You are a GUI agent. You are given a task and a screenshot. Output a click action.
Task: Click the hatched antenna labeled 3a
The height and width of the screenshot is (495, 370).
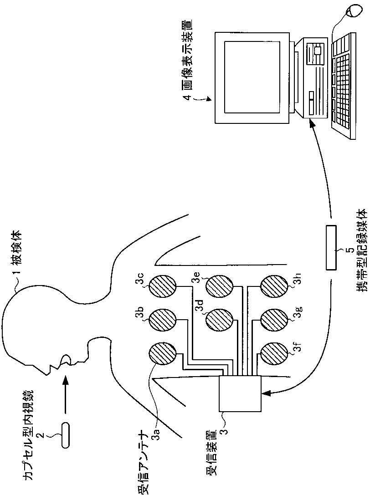[162, 354]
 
